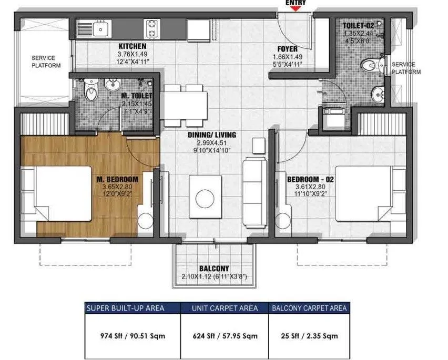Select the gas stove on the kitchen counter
pyautogui.click(x=152, y=29)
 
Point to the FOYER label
pyautogui.click(x=288, y=50)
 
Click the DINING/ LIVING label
pyautogui.click(x=212, y=135)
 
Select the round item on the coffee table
pyautogui.click(x=205, y=198)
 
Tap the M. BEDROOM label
pyautogui.click(x=117, y=179)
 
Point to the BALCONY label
pyautogui.click(x=213, y=267)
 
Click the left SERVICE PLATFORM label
pyautogui.click(x=46, y=62)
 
